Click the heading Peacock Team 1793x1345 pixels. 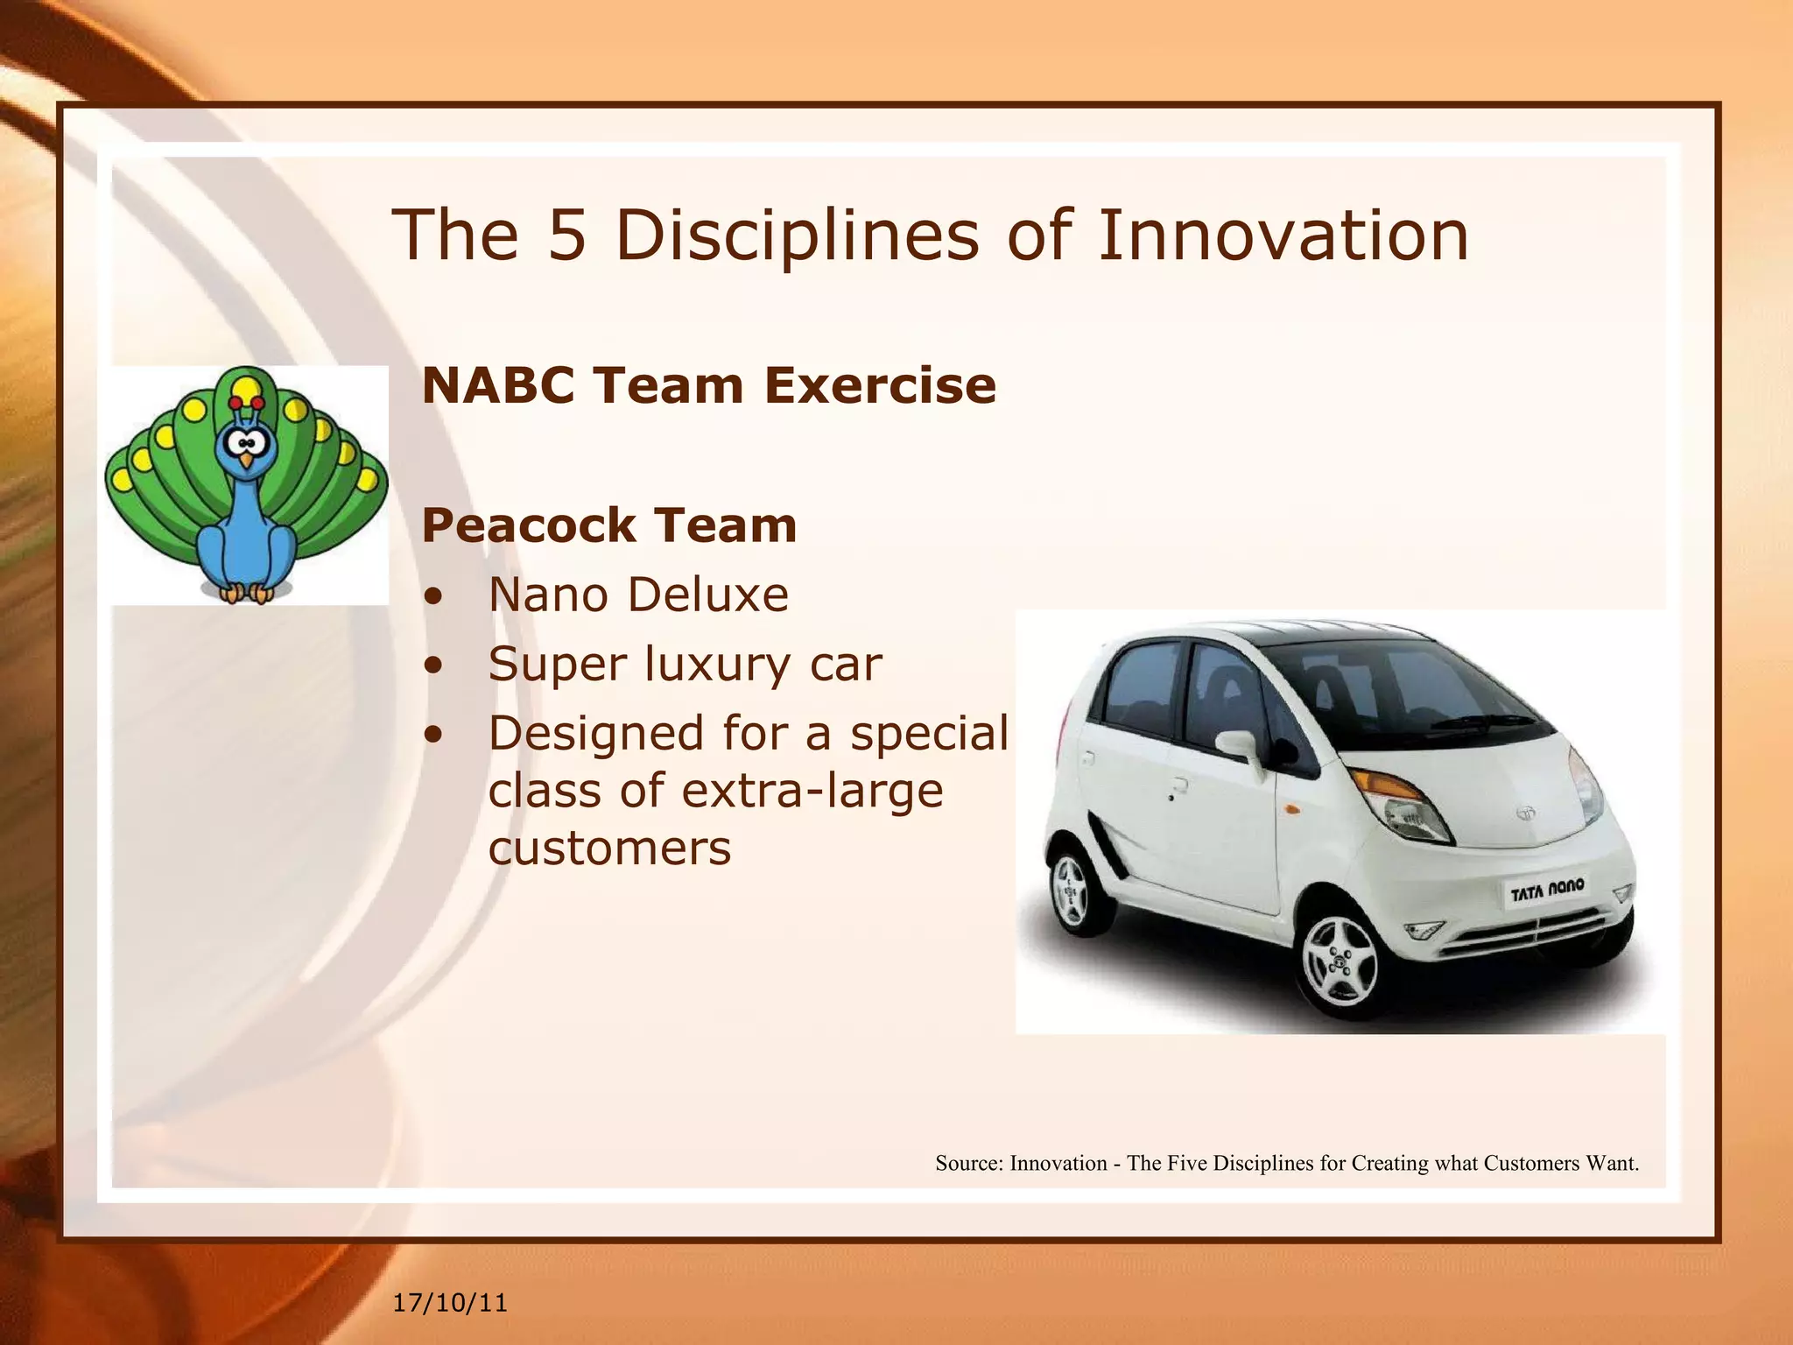click(x=609, y=525)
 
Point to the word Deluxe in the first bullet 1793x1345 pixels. click(x=708, y=595)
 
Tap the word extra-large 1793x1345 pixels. click(x=812, y=791)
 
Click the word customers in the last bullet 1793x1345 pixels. click(x=609, y=848)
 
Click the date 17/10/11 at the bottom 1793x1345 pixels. click(x=450, y=1303)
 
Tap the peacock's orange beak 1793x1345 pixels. click(x=247, y=459)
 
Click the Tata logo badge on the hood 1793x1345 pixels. click(x=1527, y=812)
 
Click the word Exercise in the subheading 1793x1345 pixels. click(x=880, y=385)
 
